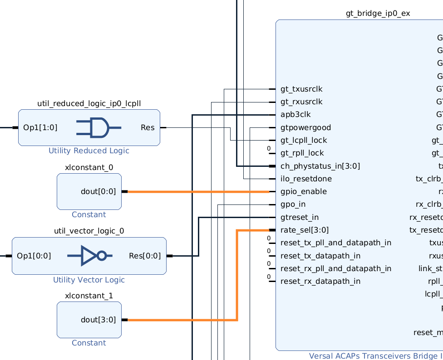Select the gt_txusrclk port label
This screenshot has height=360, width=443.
(301, 89)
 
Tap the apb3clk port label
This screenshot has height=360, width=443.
(295, 114)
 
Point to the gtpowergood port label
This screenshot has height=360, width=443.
(305, 127)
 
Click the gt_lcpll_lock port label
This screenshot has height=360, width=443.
(303, 140)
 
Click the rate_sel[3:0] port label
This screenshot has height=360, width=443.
(305, 230)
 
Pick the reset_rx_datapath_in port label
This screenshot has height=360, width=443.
(320, 281)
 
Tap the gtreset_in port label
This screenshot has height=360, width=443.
(300, 217)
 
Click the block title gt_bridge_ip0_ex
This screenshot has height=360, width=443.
(378, 13)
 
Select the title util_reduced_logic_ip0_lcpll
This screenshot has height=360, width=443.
(89, 103)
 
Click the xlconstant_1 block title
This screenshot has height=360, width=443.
(89, 296)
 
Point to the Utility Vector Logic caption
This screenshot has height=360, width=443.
(89, 280)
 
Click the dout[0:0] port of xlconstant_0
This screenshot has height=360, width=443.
(98, 191)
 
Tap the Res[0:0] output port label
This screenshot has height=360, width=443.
(145, 256)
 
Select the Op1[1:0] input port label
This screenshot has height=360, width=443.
(40, 127)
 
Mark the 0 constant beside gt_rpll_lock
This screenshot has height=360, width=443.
(269, 149)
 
